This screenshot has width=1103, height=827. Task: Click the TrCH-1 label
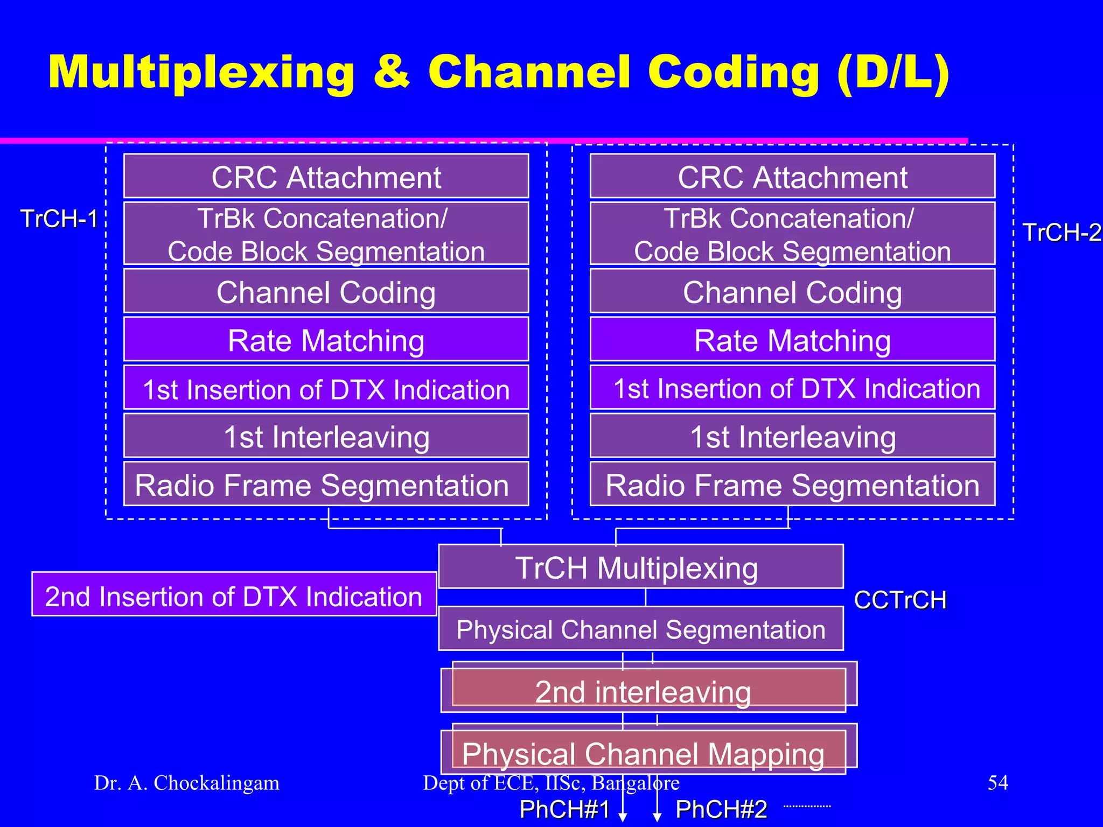(x=59, y=219)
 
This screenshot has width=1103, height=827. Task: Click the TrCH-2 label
(x=1062, y=233)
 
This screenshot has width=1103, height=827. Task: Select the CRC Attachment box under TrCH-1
(x=326, y=177)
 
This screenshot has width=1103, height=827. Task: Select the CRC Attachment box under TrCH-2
(x=792, y=177)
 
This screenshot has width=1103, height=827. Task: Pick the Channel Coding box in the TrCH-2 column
(x=792, y=291)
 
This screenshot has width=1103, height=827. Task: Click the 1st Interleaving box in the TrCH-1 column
(x=326, y=436)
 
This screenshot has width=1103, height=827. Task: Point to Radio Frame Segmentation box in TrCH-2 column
(x=792, y=484)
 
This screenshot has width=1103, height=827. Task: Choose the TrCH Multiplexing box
(x=640, y=567)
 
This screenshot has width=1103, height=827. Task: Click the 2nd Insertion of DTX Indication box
(x=234, y=595)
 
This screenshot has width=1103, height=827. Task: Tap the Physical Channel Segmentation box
(x=640, y=629)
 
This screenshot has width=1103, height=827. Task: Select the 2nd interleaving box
(x=643, y=691)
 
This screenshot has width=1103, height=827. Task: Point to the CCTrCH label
(x=900, y=600)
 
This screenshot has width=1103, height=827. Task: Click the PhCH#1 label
(x=564, y=809)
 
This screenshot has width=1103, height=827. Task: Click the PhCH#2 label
(x=721, y=809)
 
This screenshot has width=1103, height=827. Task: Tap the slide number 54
(x=997, y=782)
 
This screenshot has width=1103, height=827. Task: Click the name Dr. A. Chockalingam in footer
(x=187, y=783)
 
